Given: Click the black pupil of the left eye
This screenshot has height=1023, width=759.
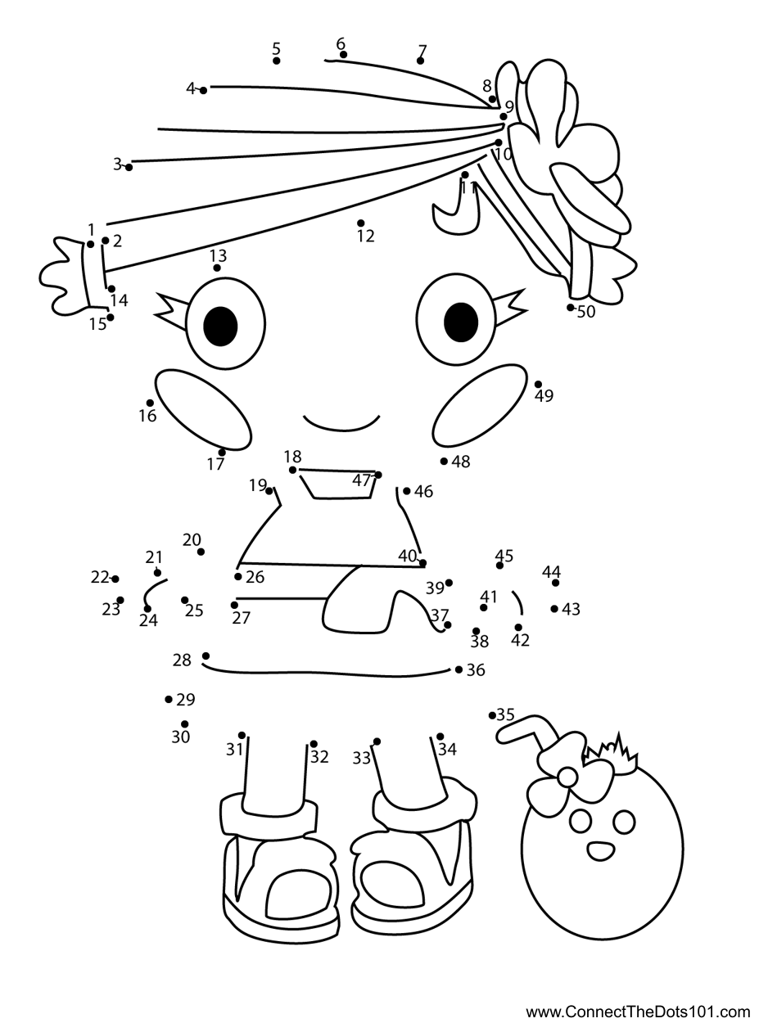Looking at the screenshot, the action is click(x=220, y=326).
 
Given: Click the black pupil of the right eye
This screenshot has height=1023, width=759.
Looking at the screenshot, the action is click(x=460, y=322).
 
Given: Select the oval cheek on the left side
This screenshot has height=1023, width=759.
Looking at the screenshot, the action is click(x=204, y=409).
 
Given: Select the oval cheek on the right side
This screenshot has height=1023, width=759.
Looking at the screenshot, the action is click(x=480, y=405).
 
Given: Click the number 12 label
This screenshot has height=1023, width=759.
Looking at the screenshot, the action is click(x=365, y=237).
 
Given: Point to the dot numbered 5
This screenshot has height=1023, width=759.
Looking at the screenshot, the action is click(x=277, y=61).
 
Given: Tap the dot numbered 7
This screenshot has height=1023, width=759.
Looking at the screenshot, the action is click(x=420, y=61).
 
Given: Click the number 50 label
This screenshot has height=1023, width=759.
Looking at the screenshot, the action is click(x=586, y=312).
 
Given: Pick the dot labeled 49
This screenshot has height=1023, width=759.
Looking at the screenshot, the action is click(x=538, y=384).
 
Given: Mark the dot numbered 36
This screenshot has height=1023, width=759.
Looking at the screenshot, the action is click(x=459, y=669).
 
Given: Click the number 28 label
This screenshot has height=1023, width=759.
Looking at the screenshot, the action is click(x=182, y=660).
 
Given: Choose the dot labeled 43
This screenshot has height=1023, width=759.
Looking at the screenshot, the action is click(x=554, y=609).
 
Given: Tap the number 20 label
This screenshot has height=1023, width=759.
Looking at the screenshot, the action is click(x=192, y=539).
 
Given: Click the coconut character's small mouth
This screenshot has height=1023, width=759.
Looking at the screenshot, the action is click(x=600, y=850).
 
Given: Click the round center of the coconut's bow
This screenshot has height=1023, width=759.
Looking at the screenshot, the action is click(x=567, y=778).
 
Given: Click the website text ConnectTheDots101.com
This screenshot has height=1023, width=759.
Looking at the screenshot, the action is click(x=638, y=1009).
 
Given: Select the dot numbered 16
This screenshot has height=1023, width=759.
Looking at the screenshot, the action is click(x=150, y=403).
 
